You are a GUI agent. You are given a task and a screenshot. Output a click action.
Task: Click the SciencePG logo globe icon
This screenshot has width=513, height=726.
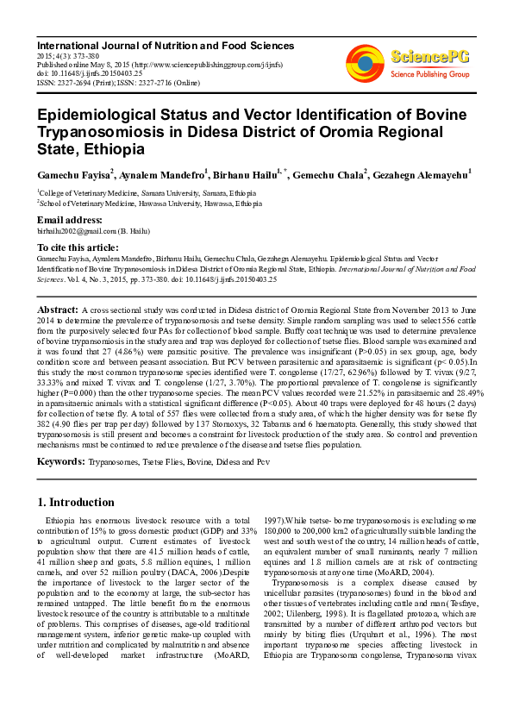point(365,61)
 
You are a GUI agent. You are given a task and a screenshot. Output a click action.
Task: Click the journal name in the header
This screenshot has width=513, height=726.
point(166,46)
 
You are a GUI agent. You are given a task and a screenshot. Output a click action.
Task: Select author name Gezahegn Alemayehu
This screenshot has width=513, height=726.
point(421,175)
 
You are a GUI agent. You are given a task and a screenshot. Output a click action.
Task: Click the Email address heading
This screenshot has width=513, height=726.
point(72,220)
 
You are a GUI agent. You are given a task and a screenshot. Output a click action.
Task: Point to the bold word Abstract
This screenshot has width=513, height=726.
point(58,308)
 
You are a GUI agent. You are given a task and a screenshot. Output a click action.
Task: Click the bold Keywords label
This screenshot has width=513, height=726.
point(60,462)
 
